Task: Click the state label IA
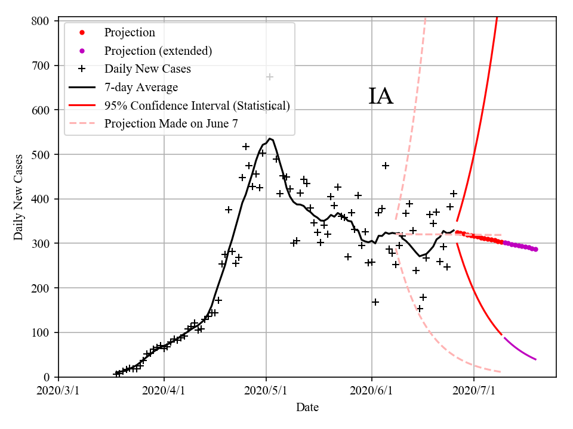tap(380, 97)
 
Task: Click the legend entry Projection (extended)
tap(158, 51)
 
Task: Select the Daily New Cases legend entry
tap(147, 69)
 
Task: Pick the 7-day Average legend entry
tap(141, 88)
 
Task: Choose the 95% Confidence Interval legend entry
tap(197, 106)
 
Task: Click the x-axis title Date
tap(307, 408)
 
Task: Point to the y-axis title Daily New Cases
tap(19, 197)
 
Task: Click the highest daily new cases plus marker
tap(270, 77)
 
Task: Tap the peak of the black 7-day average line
tap(270, 138)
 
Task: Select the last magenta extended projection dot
tap(535, 249)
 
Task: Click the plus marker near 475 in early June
tap(386, 166)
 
